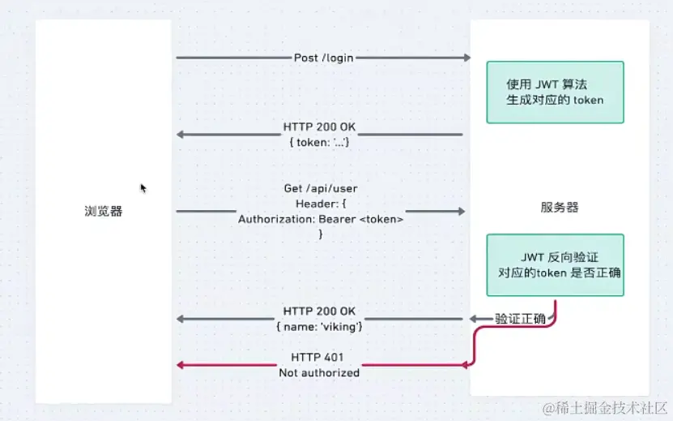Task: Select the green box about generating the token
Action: click(555, 92)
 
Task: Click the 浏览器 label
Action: click(104, 211)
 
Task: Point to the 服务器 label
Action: click(560, 207)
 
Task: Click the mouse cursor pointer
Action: click(143, 188)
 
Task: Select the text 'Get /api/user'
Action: click(321, 188)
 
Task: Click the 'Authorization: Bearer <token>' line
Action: click(321, 219)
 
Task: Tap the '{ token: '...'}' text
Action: click(319, 142)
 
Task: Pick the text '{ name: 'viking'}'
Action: click(319, 325)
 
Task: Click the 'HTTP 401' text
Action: click(318, 358)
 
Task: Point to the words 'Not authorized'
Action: click(319, 372)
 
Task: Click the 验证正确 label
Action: click(520, 318)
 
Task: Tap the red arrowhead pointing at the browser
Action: click(181, 365)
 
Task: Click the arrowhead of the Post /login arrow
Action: click(466, 58)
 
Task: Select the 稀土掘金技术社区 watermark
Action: click(604, 406)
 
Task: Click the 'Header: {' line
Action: click(321, 204)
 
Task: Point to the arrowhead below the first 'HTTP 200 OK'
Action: click(181, 135)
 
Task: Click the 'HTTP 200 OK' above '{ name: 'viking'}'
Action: click(319, 311)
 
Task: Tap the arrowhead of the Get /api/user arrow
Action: click(462, 212)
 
